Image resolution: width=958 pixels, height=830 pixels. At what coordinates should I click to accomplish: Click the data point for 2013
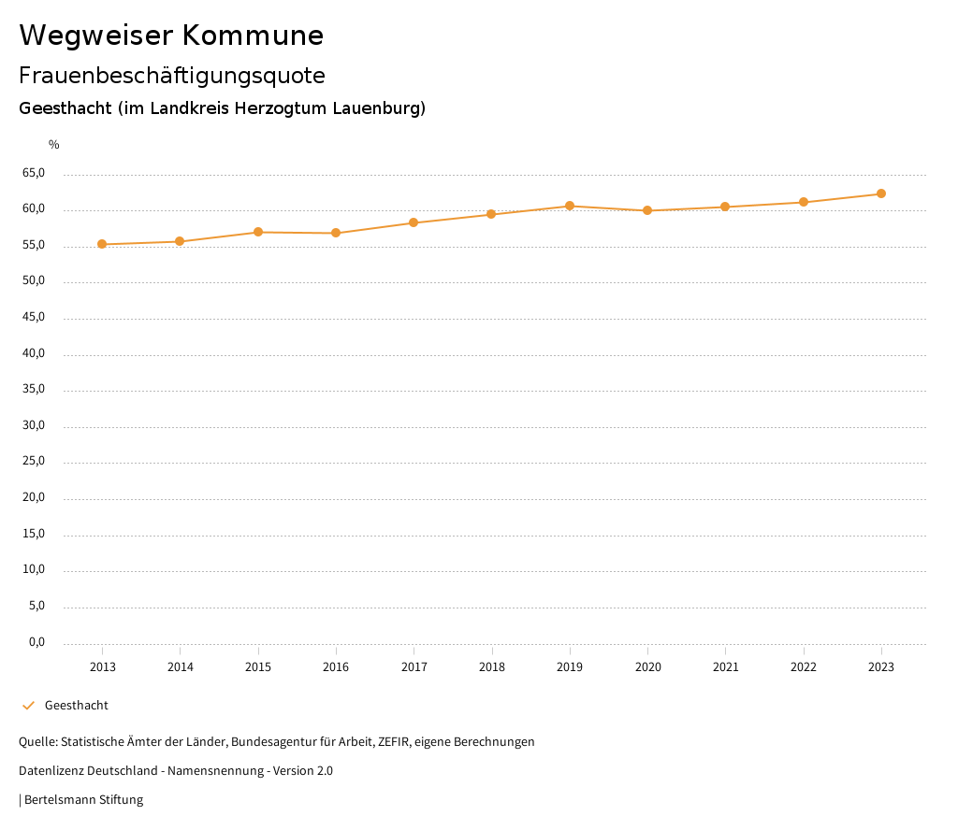click(102, 245)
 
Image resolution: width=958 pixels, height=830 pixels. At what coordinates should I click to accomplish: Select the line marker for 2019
click(570, 206)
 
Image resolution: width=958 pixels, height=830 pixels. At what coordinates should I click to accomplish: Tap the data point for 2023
click(881, 193)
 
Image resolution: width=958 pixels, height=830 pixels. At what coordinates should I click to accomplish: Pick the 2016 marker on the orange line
click(336, 233)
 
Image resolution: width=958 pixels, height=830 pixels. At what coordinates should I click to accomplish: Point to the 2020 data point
click(647, 210)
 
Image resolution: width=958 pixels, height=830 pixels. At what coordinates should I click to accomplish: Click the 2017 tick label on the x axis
click(414, 667)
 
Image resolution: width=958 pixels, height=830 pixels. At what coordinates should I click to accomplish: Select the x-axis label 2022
click(804, 667)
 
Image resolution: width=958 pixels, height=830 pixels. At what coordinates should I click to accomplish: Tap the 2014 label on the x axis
click(180, 667)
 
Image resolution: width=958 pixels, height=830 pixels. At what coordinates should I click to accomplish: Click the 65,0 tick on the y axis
click(33, 173)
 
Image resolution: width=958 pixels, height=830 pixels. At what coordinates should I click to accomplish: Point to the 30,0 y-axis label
click(33, 426)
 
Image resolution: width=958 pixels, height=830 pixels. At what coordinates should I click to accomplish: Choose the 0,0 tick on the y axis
click(36, 642)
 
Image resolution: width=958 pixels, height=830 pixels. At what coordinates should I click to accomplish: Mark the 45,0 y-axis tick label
click(33, 318)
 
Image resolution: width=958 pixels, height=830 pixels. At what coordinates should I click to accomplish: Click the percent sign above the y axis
click(54, 145)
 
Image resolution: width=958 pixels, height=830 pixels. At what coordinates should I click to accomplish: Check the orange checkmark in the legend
click(28, 706)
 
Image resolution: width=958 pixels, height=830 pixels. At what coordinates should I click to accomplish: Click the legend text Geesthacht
click(77, 706)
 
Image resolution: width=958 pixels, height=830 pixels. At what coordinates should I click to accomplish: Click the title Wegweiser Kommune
click(171, 36)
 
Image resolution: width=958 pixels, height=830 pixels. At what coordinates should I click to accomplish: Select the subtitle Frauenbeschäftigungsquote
click(172, 76)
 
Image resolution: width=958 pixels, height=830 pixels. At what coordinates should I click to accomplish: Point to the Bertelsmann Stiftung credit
click(83, 800)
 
